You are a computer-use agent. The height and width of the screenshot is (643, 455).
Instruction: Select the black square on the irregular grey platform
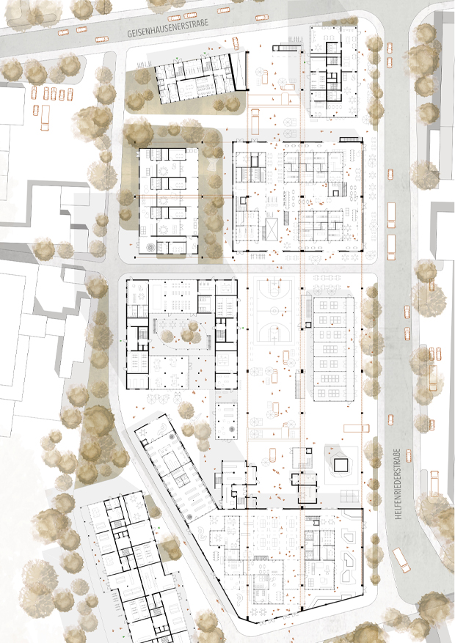pyautogui.click(x=341, y=465)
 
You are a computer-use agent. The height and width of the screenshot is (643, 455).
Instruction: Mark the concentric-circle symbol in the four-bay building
pyautogui.click(x=151, y=247)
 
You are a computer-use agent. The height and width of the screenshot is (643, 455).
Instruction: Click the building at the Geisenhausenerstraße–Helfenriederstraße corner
pyautogui.click(x=332, y=70)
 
